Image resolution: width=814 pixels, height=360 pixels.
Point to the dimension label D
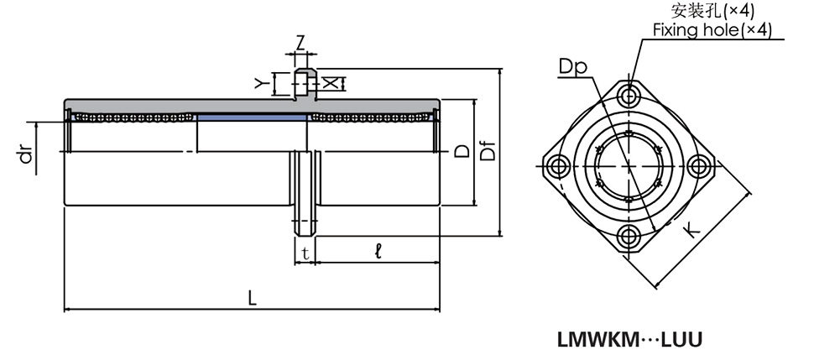461,152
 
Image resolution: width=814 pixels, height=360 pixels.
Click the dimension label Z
300,40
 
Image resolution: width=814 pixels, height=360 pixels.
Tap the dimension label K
693,229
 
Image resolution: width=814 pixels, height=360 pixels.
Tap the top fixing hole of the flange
629,94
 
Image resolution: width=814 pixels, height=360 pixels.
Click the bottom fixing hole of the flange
629,235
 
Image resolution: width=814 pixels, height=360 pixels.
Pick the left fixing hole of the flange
558,165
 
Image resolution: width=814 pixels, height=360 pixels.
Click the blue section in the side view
252,118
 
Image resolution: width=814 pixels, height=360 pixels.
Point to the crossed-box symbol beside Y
332,82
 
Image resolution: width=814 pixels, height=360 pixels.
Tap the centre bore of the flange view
629,165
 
